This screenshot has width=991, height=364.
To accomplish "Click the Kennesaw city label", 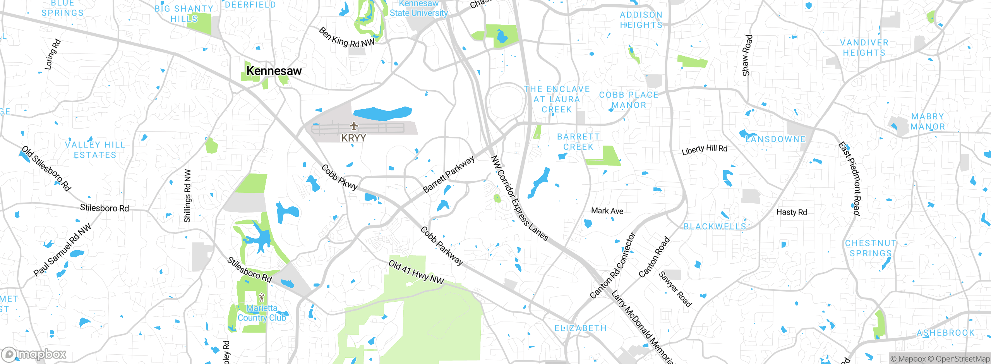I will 274,71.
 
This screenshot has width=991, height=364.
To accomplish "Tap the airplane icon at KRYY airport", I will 353,126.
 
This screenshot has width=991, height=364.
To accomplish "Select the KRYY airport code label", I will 353,138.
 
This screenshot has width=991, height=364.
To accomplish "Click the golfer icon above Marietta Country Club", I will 262,297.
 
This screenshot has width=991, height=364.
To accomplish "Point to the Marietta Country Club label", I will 262,313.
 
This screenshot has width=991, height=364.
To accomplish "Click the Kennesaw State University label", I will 418,8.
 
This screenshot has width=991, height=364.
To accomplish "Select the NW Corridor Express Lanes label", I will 519,198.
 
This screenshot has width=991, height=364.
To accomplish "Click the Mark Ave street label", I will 607,211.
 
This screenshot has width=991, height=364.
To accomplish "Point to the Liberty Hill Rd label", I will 705,149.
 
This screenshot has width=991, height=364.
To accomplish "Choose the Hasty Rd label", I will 792,212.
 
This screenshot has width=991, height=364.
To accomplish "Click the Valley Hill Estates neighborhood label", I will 95,150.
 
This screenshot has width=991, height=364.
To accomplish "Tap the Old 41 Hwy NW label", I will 416,272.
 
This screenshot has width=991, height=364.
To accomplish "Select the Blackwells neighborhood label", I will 715,227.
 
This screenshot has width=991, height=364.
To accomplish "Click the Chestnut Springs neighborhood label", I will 871,248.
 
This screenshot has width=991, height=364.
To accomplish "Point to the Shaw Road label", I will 747,55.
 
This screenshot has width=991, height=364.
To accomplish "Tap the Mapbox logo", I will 34,354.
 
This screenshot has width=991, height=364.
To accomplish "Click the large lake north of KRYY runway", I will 381,113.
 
